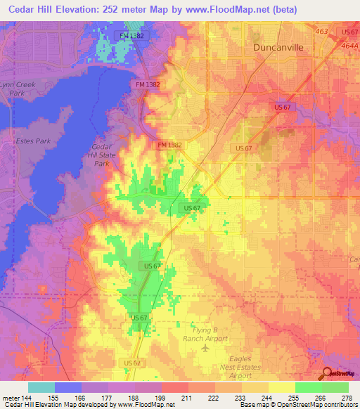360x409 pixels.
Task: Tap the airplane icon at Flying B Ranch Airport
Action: (x=205, y=348)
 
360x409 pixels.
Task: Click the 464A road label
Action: (x=349, y=45)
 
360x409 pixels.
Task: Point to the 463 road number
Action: (x=322, y=32)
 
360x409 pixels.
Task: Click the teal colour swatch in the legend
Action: (x=41, y=387)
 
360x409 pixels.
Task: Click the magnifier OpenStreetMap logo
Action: (x=328, y=375)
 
